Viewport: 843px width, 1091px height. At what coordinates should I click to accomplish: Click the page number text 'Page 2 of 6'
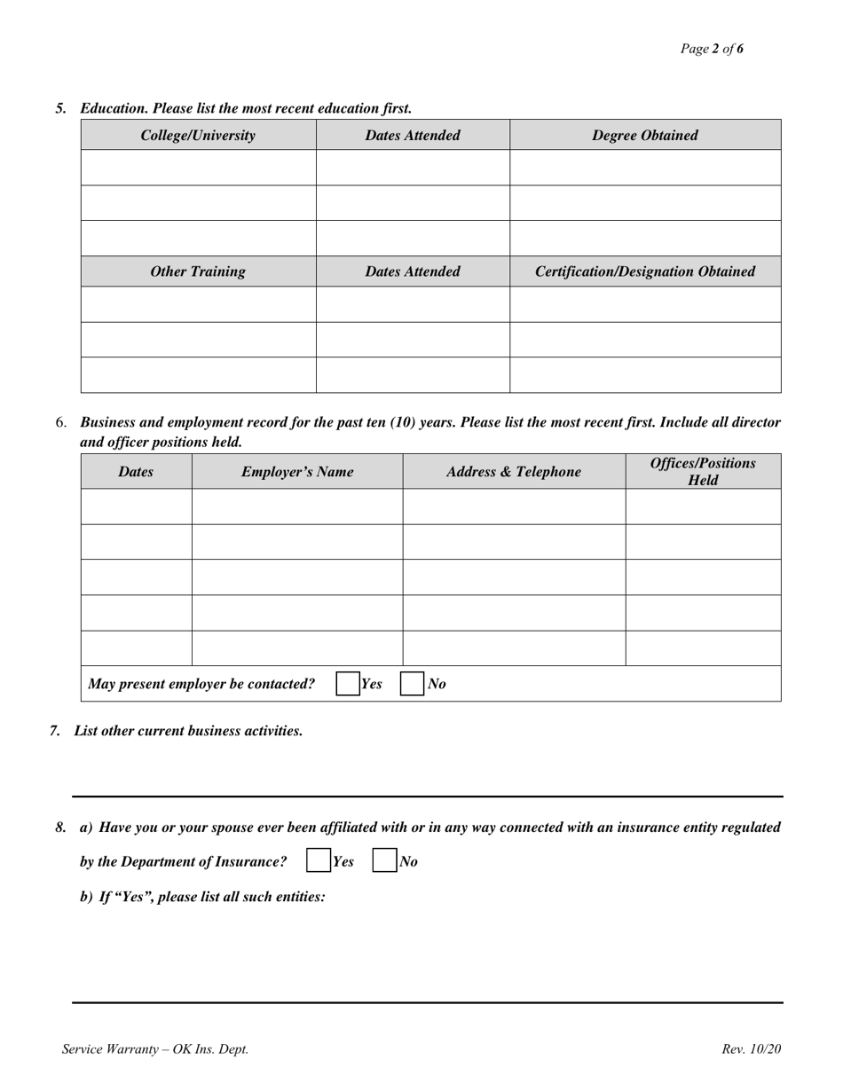pyautogui.click(x=712, y=49)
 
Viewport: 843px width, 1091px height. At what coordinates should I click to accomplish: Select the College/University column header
pyautogui.click(x=198, y=136)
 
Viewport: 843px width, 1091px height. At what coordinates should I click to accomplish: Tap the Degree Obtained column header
pyautogui.click(x=644, y=136)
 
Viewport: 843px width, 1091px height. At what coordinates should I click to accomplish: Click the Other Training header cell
pyautogui.click(x=198, y=271)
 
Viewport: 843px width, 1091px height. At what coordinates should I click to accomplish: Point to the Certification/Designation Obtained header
pyautogui.click(x=644, y=271)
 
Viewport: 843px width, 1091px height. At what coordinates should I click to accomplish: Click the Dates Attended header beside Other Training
pyautogui.click(x=413, y=271)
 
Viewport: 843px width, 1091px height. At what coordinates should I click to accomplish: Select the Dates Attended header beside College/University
pyautogui.click(x=413, y=136)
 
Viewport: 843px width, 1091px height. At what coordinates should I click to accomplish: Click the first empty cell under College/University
pyautogui.click(x=198, y=168)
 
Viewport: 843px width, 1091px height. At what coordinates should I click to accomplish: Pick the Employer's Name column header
pyautogui.click(x=297, y=472)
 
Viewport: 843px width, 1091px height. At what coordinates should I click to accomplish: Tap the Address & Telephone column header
pyautogui.click(x=514, y=472)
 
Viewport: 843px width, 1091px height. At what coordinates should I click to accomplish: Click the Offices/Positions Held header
pyautogui.click(x=703, y=472)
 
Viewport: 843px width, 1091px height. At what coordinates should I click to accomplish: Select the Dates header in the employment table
pyautogui.click(x=136, y=472)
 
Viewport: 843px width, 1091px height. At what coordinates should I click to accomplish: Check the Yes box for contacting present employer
pyautogui.click(x=348, y=684)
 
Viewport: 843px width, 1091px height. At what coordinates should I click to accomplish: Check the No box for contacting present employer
pyautogui.click(x=413, y=684)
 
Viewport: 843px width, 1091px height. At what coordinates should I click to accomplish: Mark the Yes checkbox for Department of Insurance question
pyautogui.click(x=317, y=861)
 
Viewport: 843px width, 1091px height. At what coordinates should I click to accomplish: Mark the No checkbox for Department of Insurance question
pyautogui.click(x=383, y=861)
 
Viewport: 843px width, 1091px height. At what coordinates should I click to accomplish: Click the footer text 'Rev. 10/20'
pyautogui.click(x=751, y=1049)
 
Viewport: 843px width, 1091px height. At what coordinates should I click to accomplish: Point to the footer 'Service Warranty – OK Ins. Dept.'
pyautogui.click(x=155, y=1049)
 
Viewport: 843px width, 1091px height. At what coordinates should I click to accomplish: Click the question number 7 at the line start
pyautogui.click(x=55, y=731)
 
